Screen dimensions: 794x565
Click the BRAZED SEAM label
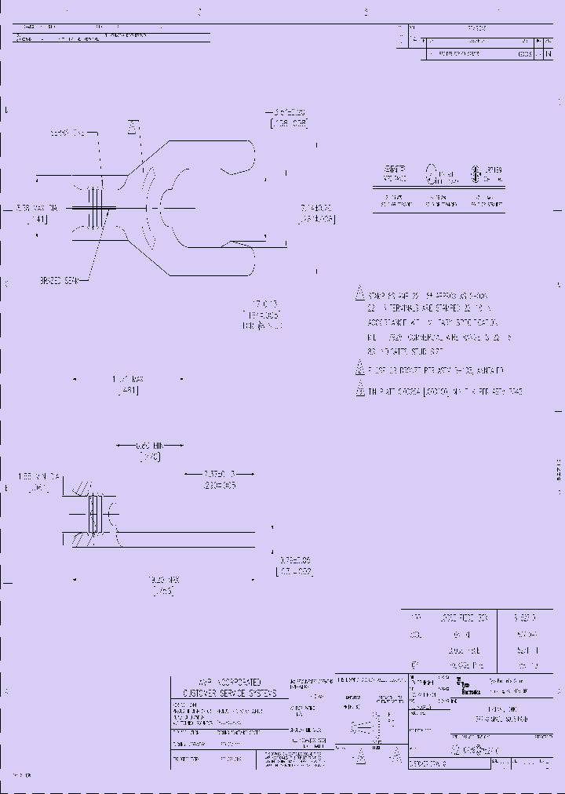[58, 279]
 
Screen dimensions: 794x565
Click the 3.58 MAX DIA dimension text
[37, 208]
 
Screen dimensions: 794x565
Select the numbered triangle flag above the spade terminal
[133, 127]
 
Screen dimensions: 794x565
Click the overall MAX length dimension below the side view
[162, 580]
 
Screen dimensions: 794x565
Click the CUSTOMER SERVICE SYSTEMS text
[229, 694]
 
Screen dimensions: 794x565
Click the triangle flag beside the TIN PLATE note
[360, 390]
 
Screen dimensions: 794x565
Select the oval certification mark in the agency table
[431, 173]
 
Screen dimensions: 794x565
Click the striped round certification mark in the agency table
[475, 173]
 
